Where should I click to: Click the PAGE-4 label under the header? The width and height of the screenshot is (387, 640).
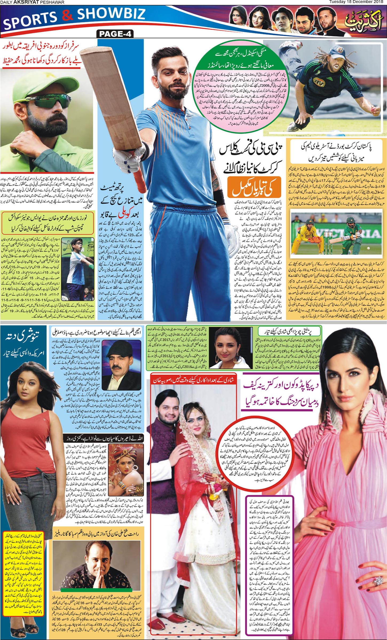[115, 34]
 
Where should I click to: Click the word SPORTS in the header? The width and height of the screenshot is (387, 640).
[30, 20]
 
